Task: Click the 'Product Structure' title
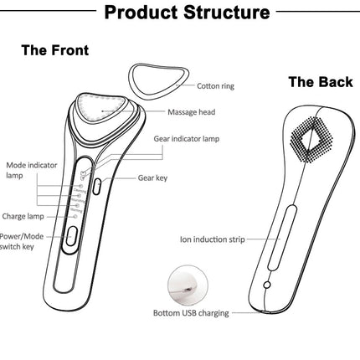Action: coord(187,13)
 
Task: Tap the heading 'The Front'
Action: coord(55,50)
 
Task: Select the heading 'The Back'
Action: coord(321,82)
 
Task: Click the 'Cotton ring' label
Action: coord(215,86)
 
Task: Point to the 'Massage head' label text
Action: coord(192,112)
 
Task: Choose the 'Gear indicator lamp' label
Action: coord(187,139)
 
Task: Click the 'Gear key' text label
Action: coord(152,178)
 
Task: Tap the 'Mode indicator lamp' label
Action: coord(31,170)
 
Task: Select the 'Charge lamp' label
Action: coord(23,216)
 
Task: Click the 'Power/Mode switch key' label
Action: coord(22,241)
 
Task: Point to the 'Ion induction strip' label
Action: coord(213,239)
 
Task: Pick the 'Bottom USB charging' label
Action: coord(191,313)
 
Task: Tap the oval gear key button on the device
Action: coord(96,187)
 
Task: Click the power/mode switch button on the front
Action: coord(71,236)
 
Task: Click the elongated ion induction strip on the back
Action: coord(281,238)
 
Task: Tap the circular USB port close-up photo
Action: coord(188,285)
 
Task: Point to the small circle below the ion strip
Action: coord(267,285)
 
